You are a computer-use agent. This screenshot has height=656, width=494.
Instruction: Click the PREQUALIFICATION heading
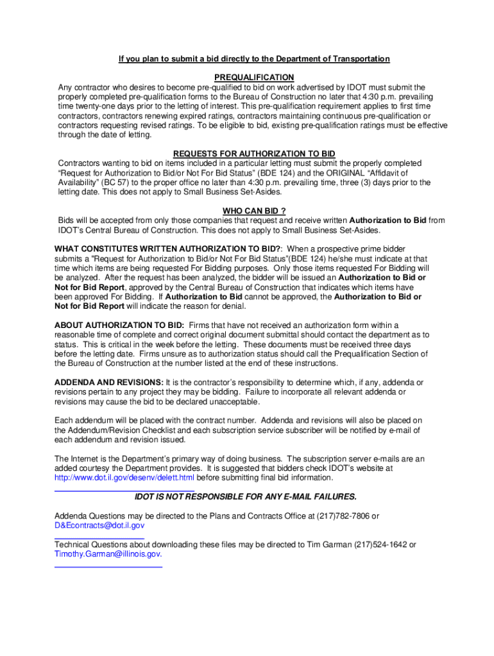click(254, 78)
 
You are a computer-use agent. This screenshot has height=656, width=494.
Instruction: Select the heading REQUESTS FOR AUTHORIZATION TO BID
click(254, 154)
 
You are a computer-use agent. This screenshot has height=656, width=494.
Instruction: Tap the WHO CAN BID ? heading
click(254, 211)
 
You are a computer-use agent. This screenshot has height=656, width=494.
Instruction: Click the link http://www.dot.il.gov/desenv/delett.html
click(124, 478)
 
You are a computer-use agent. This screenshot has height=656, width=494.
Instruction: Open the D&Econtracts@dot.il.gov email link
click(99, 525)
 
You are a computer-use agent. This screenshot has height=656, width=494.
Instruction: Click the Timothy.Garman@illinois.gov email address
click(107, 554)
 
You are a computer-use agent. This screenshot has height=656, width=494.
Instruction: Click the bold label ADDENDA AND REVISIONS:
click(108, 382)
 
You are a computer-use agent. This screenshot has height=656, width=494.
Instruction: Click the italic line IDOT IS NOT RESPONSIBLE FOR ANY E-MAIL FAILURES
click(245, 497)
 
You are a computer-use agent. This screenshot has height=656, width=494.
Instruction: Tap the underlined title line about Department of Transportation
click(254, 59)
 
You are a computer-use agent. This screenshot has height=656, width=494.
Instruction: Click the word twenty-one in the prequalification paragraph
click(97, 106)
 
